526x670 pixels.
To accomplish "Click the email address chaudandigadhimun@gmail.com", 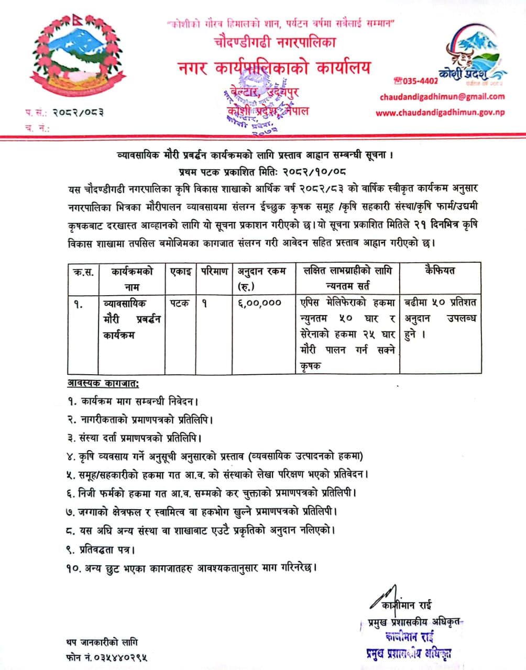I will [x=442, y=96].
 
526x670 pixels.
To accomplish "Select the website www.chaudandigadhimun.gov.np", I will [x=440, y=113].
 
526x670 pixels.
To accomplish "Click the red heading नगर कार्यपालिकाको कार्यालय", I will [x=273, y=68].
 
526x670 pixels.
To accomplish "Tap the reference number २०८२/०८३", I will [x=77, y=112].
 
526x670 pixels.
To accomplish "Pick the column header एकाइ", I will [x=180, y=271].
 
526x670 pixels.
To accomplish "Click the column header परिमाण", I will [x=214, y=271].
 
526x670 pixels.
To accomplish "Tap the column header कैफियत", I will [x=440, y=271].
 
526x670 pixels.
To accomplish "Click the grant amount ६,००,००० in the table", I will [x=259, y=303].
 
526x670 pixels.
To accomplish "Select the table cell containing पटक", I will [x=179, y=303].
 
